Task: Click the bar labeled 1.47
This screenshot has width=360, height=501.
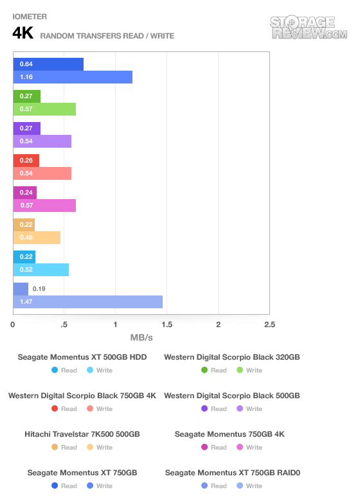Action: (88, 302)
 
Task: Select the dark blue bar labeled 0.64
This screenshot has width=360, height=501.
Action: (48, 64)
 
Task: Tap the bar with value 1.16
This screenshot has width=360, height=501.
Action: (73, 77)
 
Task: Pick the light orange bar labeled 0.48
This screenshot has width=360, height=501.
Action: (37, 238)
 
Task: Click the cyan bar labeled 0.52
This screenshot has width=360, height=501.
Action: (41, 270)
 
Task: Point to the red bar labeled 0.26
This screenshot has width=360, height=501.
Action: (26, 161)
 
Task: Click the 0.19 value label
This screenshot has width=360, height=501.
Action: (39, 289)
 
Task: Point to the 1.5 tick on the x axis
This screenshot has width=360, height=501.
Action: (167, 324)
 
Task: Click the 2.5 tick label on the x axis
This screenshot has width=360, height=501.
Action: (269, 324)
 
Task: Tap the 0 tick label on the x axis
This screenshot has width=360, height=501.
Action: (12, 324)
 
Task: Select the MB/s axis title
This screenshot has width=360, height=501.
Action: (141, 338)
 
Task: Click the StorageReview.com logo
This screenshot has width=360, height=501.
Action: (309, 28)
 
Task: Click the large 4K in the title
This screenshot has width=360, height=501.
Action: (23, 33)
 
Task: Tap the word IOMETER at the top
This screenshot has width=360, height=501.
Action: (30, 17)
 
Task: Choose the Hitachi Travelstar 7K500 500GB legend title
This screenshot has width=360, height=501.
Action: (82, 434)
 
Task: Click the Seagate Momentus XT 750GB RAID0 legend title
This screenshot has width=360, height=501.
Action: (233, 473)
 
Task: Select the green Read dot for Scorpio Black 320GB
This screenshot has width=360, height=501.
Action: (204, 370)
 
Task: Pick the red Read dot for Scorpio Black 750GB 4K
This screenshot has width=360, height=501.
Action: (55, 409)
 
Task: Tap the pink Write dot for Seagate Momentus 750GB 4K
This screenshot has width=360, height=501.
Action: (240, 447)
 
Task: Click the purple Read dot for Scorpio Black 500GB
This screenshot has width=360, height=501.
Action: (204, 409)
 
